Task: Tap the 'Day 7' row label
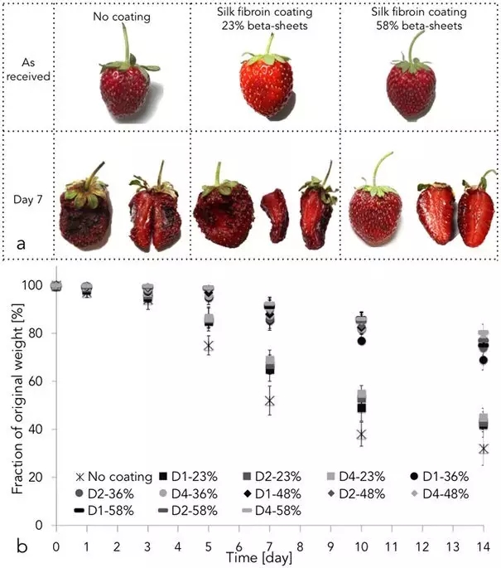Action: pyautogui.click(x=27, y=200)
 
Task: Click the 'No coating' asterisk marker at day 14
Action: pyautogui.click(x=484, y=449)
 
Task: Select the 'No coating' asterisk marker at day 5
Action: pyautogui.click(x=209, y=345)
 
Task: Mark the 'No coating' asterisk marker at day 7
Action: pyautogui.click(x=269, y=401)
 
